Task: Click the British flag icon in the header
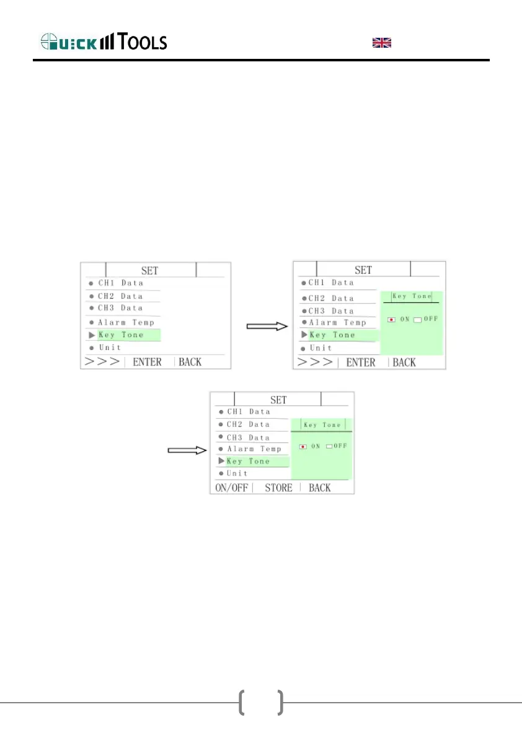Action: pyautogui.click(x=381, y=42)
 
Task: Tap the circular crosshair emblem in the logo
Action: pyautogui.click(x=50, y=42)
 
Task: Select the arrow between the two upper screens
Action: pyautogui.click(x=266, y=327)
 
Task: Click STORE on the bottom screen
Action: pyautogui.click(x=278, y=488)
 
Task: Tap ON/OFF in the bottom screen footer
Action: pyautogui.click(x=231, y=488)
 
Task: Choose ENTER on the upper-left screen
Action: pyautogui.click(x=148, y=361)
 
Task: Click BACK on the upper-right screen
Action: pyautogui.click(x=404, y=362)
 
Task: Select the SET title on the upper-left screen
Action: pyautogui.click(x=149, y=270)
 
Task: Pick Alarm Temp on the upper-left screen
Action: pyautogui.click(x=126, y=322)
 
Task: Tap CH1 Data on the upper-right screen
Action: pyautogui.click(x=331, y=283)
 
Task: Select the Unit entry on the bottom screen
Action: pyautogui.click(x=237, y=473)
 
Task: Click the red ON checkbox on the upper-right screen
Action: pyautogui.click(x=391, y=319)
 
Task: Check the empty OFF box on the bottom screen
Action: pyautogui.click(x=329, y=446)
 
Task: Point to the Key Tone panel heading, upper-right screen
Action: pyautogui.click(x=412, y=296)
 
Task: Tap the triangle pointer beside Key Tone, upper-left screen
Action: pyautogui.click(x=92, y=335)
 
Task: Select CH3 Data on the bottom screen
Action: pyautogui.click(x=248, y=437)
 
